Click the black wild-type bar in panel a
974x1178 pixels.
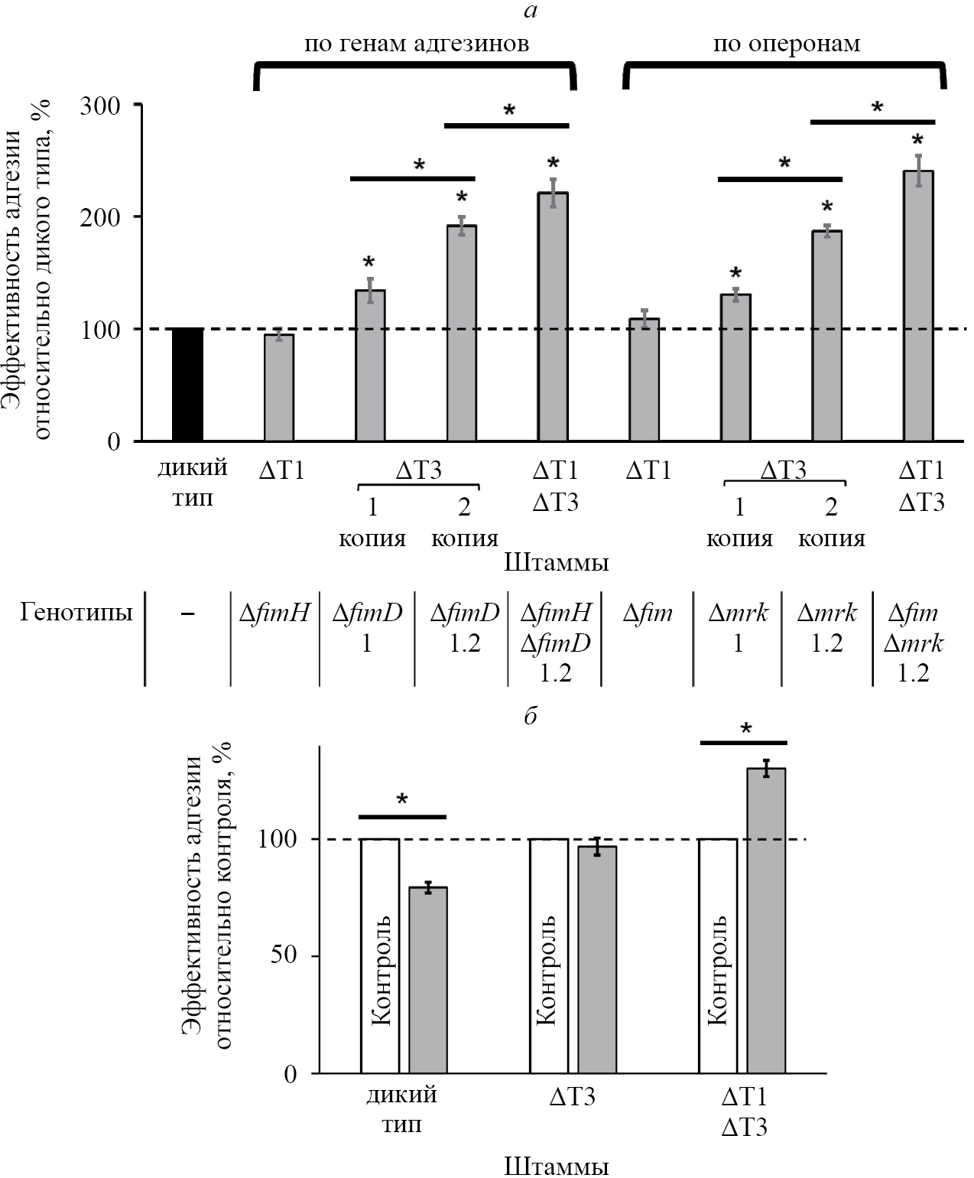187,384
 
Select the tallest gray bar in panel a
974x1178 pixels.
918,306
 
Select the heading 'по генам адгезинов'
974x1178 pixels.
417,44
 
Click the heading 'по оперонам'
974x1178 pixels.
786,44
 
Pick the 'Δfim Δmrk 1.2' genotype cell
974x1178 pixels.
914,643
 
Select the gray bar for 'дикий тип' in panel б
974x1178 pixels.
428,980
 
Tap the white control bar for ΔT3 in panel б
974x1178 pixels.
549,956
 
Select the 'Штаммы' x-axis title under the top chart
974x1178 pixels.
557,564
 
